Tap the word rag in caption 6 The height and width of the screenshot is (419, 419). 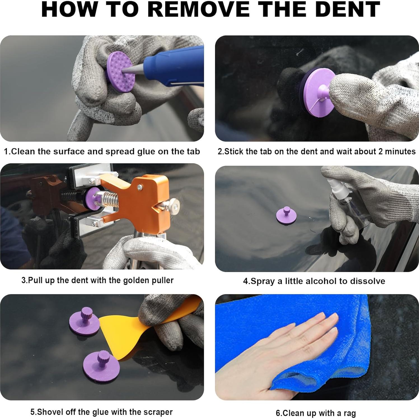(x=349, y=414)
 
